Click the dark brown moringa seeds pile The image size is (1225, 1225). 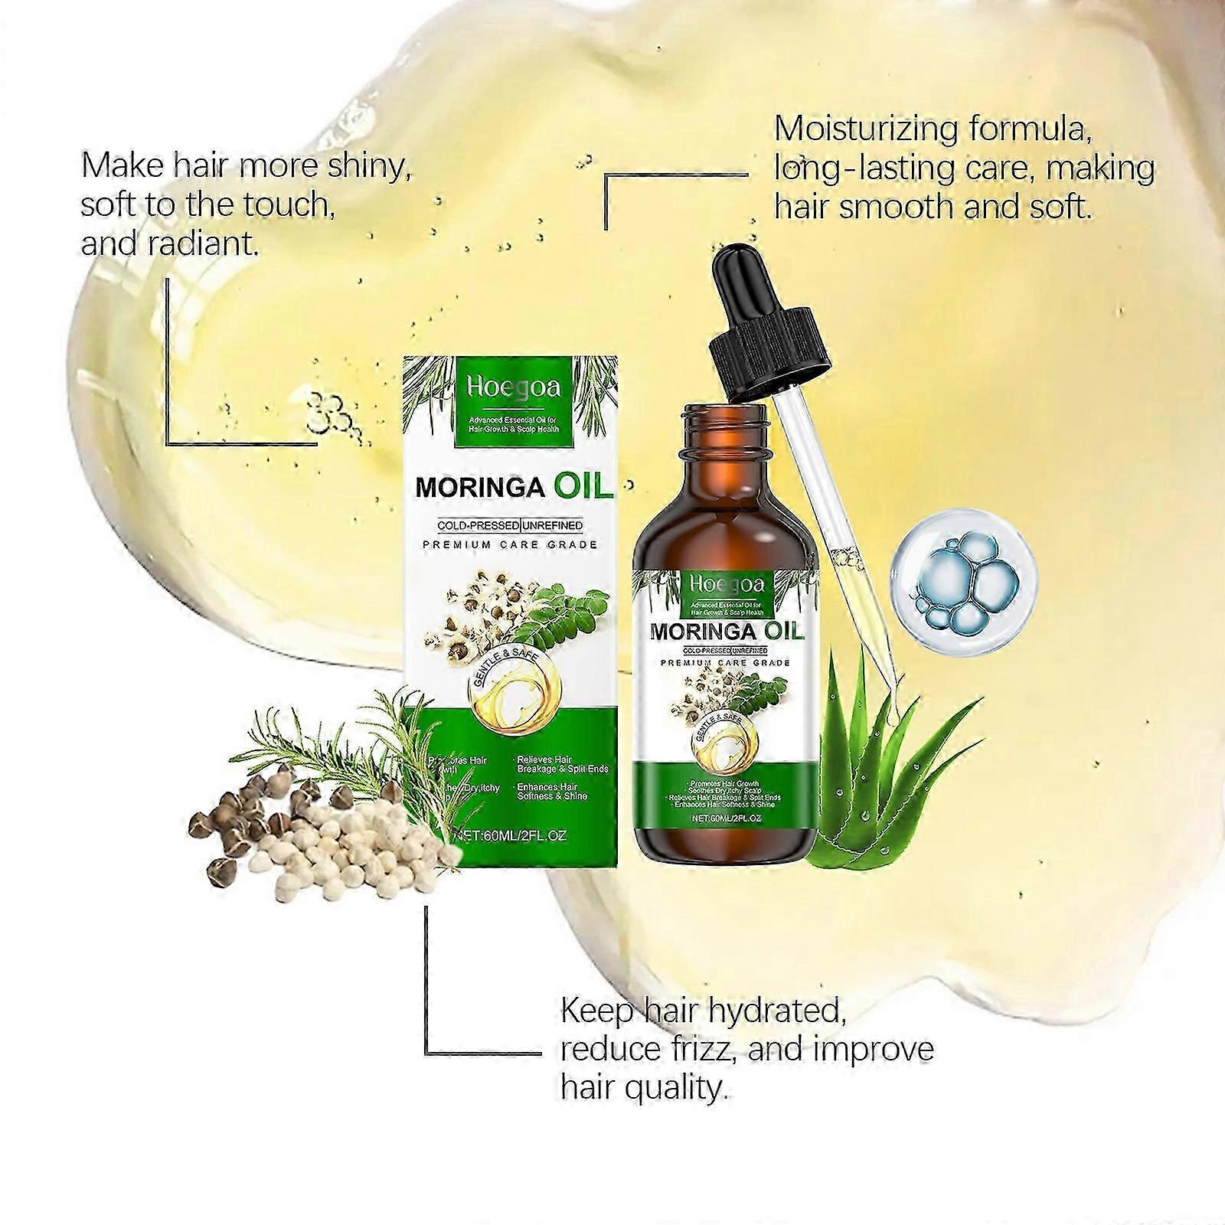[x=260, y=827]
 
